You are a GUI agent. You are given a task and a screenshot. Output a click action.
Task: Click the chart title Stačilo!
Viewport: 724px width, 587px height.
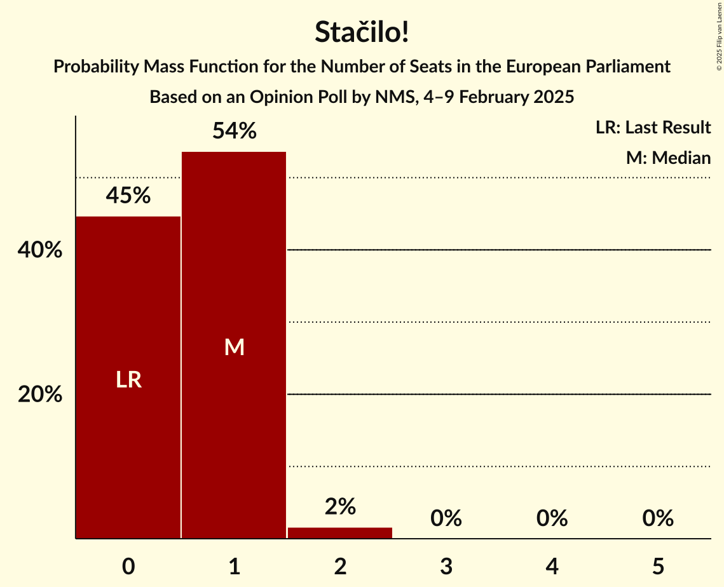(x=362, y=32)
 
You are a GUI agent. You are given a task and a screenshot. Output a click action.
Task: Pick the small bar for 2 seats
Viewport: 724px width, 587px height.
(x=340, y=533)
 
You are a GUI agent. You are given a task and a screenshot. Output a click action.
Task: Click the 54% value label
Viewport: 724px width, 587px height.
(x=234, y=132)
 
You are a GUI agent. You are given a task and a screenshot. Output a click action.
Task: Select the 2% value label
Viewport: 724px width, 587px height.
(x=340, y=507)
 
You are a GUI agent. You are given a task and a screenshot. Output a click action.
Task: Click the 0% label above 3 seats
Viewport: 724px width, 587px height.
(x=446, y=519)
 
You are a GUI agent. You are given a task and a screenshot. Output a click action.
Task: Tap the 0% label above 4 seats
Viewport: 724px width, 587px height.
(x=552, y=519)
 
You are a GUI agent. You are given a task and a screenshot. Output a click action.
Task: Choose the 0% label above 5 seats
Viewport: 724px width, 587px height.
(x=657, y=519)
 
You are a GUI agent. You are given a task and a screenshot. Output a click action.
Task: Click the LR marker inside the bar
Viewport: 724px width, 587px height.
(x=128, y=380)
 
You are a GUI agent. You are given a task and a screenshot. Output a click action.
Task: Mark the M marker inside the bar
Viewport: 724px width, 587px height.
(x=234, y=347)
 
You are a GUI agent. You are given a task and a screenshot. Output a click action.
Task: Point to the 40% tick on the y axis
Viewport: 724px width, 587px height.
(x=40, y=250)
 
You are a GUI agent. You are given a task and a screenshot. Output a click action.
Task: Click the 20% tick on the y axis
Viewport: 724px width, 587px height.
(x=40, y=395)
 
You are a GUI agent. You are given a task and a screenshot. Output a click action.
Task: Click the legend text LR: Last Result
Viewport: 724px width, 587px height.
(x=653, y=128)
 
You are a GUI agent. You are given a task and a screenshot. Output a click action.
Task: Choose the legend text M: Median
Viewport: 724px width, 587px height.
(x=668, y=158)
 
